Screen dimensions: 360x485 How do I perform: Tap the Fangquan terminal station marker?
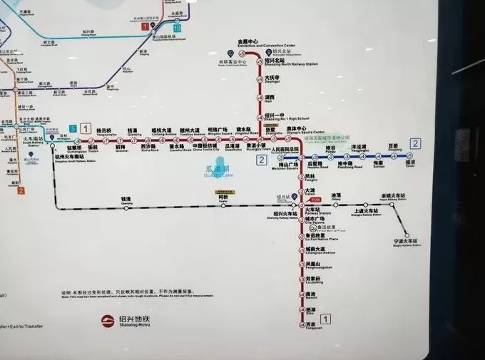pyautogui.click(x=301, y=322)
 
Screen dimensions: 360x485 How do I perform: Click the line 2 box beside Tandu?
pyautogui.click(x=415, y=143)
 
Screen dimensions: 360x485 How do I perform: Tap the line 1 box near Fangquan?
pyautogui.click(x=326, y=319)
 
